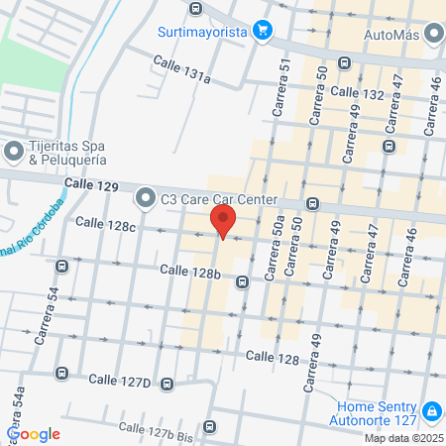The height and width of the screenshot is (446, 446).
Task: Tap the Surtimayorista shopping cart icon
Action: pos(262,30)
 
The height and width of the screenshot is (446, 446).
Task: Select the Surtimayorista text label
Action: pos(203,31)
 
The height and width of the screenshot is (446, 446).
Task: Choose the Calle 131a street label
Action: pos(181,69)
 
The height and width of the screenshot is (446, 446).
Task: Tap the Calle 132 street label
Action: pos(357,92)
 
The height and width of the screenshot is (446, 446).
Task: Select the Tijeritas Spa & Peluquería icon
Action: pos(14,153)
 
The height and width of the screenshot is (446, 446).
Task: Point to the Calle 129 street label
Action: pos(91,185)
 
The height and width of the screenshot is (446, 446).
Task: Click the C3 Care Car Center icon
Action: pos(146,198)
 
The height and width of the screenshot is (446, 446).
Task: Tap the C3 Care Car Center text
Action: pos(215,197)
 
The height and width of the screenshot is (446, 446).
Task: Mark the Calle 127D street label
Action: pos(119,380)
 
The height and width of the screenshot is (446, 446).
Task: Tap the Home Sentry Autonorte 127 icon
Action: pos(432,410)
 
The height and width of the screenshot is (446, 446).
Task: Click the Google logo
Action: pos(34,433)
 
